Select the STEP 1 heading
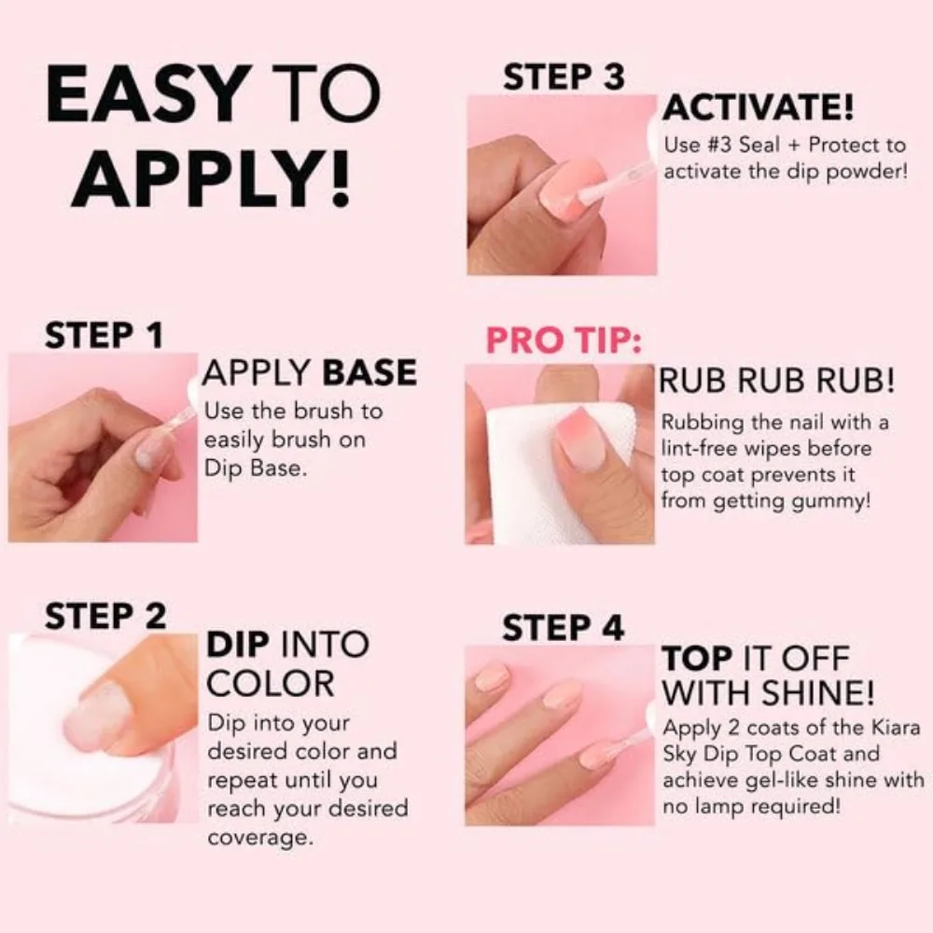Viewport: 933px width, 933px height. coord(104,337)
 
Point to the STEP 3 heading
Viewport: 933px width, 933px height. coord(563,77)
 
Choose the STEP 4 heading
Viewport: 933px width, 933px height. coord(563,628)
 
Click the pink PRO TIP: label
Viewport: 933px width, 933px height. coord(564,341)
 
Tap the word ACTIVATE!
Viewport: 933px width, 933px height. coord(758,108)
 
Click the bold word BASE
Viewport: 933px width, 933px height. coord(369,373)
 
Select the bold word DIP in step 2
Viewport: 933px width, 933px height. coord(238,645)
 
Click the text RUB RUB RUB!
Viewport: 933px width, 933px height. coord(777,381)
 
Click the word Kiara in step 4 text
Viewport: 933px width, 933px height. coord(873,727)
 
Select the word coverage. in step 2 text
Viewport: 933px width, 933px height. coord(258,837)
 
